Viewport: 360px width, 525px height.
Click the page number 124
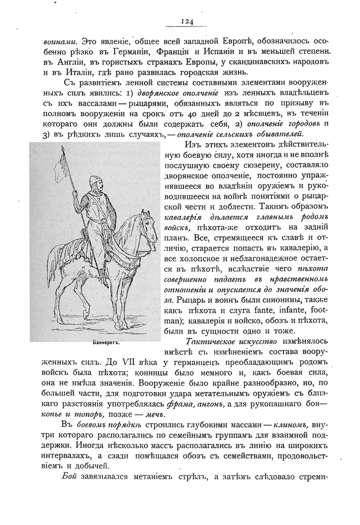click(186, 22)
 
